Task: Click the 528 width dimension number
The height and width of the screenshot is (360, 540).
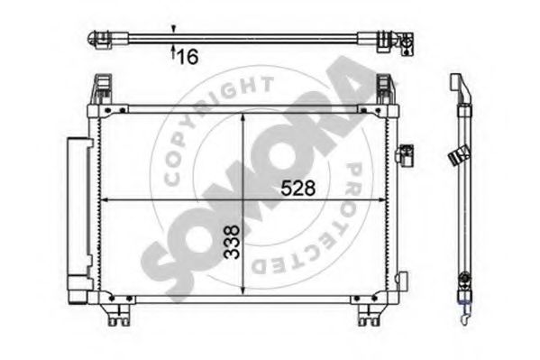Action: tap(297, 189)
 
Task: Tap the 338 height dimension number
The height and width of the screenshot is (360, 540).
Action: tap(232, 242)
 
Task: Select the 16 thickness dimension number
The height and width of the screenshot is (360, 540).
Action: tap(188, 57)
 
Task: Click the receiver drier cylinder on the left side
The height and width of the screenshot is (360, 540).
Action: tap(79, 220)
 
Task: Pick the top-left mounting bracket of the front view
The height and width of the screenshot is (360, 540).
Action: tap(102, 89)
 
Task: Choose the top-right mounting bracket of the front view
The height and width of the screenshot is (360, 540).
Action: tap(384, 89)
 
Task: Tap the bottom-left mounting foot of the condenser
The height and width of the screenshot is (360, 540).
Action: tap(118, 315)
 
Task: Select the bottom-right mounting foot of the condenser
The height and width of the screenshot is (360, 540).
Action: tap(369, 315)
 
